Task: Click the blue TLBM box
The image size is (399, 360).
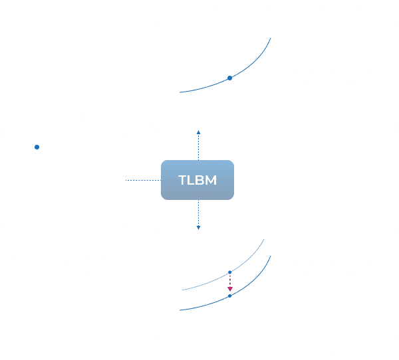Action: (x=198, y=181)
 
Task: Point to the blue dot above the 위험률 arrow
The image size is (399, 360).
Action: (x=37, y=146)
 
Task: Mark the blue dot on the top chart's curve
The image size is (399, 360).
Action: (x=229, y=79)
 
